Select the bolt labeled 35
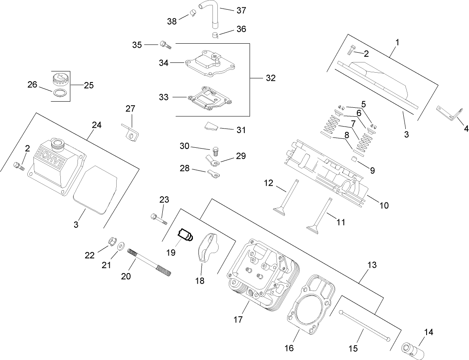click(165, 44)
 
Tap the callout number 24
click(97, 125)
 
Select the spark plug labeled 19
click(185, 235)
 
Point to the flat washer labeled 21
click(121, 247)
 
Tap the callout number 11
click(341, 222)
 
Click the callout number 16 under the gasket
click(289, 348)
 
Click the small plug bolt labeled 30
click(217, 151)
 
